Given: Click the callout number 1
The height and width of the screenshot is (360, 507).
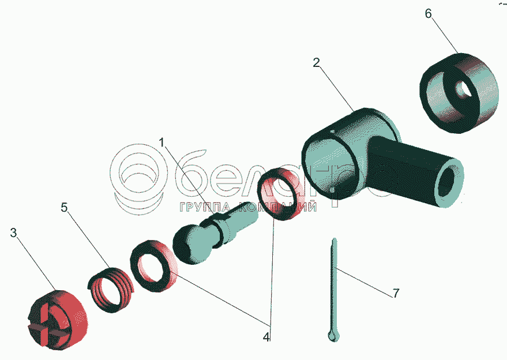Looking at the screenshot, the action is click(162, 142).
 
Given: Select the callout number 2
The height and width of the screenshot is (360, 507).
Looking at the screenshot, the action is click(316, 62).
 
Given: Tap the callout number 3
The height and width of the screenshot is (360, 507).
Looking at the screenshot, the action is click(13, 232).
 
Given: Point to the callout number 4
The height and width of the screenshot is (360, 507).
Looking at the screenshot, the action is click(266, 337).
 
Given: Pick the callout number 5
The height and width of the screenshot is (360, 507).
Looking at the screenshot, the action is click(65, 207).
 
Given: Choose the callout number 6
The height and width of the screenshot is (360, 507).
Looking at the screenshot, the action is click(428, 14).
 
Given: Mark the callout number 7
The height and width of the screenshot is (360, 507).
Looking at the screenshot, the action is click(396, 293).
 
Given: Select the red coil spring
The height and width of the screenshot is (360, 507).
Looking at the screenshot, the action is click(111, 290).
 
